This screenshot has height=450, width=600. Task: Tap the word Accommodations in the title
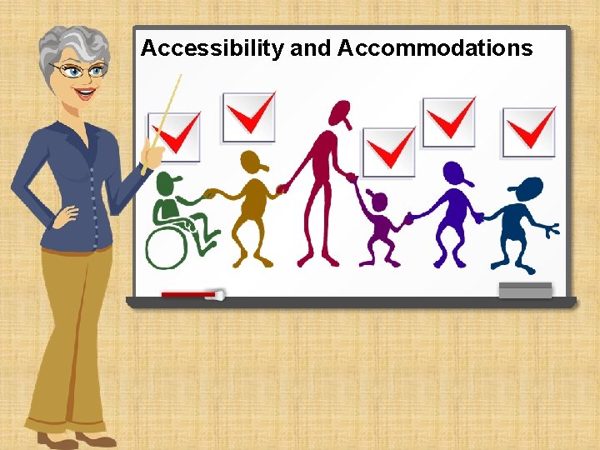(x=435, y=48)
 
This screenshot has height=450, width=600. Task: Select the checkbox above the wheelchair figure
(x=174, y=137)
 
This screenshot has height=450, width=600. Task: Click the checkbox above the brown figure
(x=248, y=117)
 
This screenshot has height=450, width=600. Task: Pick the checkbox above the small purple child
(x=388, y=152)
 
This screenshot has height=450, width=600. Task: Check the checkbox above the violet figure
(x=448, y=122)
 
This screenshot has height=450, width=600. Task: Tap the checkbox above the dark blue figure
(x=528, y=132)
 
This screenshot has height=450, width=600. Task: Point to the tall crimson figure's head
(x=339, y=113)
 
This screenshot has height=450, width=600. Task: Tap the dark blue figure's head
(x=527, y=189)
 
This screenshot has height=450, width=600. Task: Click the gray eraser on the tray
(x=525, y=290)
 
